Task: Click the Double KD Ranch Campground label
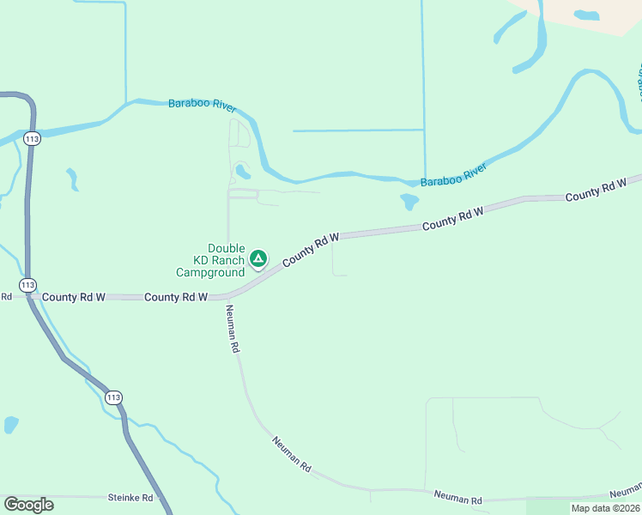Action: point(210,260)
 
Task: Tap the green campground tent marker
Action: point(257,258)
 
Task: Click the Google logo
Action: point(28,504)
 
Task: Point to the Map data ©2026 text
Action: point(605,508)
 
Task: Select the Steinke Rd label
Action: point(130,498)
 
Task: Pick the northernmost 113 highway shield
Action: point(33,138)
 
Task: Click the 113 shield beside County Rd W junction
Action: point(27,284)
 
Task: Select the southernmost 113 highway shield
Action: point(113,397)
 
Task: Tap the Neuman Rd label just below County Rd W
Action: point(232,330)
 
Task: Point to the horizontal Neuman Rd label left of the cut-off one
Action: point(457,498)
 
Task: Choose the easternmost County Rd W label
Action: point(596,191)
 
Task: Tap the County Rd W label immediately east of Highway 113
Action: point(73,297)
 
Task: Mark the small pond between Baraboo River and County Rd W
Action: point(409,202)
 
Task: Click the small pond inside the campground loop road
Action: point(243,171)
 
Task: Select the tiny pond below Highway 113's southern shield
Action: point(11,424)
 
